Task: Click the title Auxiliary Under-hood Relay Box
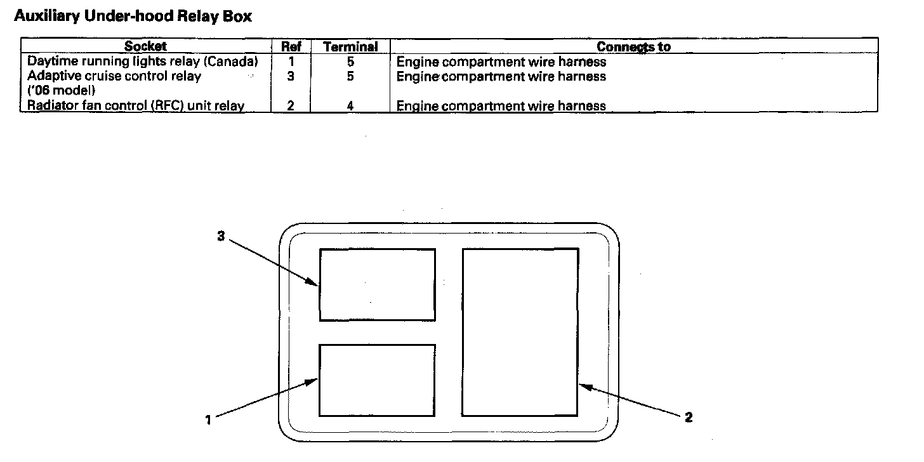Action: coord(133,16)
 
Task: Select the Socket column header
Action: coord(145,46)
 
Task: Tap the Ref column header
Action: coord(291,47)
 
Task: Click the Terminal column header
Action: coord(350,47)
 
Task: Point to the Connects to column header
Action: coord(633,47)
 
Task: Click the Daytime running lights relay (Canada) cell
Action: coord(143,62)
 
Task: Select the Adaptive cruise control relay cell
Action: coord(114,76)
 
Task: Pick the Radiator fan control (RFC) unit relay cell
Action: coord(136,106)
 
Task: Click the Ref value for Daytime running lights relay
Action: coord(291,62)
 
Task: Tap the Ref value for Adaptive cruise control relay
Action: coord(291,76)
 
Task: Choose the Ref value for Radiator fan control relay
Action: coord(291,106)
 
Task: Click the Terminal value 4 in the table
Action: coord(350,106)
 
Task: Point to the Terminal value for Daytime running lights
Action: coord(350,62)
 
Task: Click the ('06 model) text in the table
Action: coord(61,90)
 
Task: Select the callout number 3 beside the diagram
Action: coord(221,236)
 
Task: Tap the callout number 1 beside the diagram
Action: coord(208,420)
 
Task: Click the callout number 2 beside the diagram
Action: coord(689,418)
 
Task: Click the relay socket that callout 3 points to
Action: coord(377,284)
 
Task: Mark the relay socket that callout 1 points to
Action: coord(377,380)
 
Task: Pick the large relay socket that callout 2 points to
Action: coord(520,332)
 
